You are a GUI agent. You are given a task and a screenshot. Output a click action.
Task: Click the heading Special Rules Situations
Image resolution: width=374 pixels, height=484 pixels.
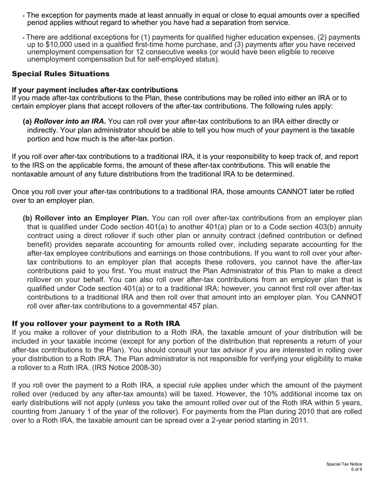tap(61, 74)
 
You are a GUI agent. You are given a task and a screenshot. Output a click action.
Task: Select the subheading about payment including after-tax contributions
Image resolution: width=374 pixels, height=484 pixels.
tap(95, 90)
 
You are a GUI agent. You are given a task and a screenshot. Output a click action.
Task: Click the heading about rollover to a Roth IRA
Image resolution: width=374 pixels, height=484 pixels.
tap(96, 323)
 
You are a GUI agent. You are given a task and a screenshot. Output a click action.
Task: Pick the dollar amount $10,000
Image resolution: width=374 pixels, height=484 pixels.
tap(51, 44)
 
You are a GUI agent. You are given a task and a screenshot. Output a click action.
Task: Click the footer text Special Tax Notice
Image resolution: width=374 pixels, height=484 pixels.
tap(344, 464)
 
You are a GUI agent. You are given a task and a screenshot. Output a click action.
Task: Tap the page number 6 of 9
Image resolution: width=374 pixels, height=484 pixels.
tap(356, 469)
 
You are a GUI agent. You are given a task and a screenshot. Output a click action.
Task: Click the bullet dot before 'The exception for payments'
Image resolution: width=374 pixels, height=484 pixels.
tap(24, 16)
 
